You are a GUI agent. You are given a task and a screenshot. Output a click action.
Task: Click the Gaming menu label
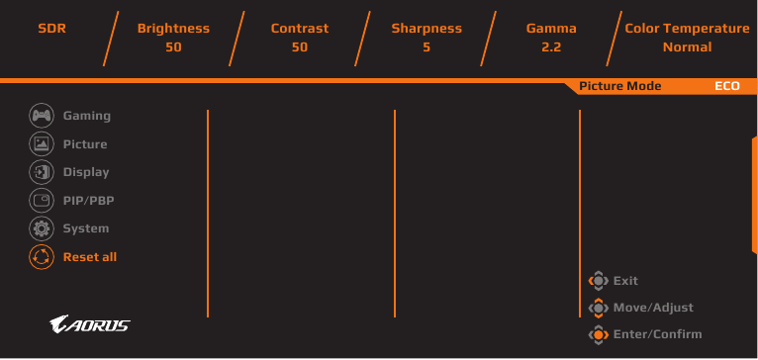coord(87,116)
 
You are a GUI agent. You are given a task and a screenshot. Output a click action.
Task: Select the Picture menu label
coord(85,144)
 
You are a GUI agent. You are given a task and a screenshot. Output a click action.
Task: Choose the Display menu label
coord(86,172)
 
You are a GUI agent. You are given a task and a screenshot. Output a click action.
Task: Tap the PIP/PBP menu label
coord(88,200)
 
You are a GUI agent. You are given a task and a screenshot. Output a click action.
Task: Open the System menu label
coord(86,228)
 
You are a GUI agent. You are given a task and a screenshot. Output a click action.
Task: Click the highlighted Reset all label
coord(90,256)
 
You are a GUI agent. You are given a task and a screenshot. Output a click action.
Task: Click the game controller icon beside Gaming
coord(42,116)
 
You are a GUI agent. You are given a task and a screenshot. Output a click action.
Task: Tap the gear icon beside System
coord(42,228)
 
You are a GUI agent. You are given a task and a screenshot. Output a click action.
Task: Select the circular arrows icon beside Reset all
coord(42,256)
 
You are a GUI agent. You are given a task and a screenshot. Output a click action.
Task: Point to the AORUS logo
coord(89,324)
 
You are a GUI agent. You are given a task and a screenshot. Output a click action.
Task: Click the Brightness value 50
coord(173,47)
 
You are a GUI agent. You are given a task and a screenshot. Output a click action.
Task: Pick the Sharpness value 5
coord(426,47)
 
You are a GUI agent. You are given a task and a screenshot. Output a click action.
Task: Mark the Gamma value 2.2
coord(551,47)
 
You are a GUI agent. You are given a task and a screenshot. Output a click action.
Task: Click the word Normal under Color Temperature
coord(687,47)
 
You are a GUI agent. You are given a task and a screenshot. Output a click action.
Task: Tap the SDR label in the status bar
coord(51,28)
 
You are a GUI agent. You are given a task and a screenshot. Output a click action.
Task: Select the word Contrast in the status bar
coord(300,28)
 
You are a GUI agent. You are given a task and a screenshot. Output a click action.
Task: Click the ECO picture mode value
coord(727,86)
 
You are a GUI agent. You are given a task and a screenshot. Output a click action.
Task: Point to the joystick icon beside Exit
coord(599,281)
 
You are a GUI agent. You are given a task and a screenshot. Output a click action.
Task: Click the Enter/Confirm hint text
coord(657,334)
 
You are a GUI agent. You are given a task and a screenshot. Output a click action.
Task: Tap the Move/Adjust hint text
coord(653,308)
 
